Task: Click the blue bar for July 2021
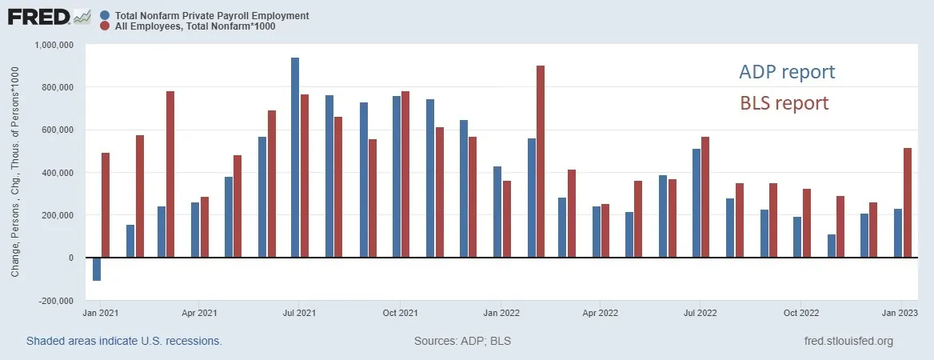(295, 158)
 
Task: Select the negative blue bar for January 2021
(97, 269)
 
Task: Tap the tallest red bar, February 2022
(541, 162)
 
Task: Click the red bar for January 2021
(106, 205)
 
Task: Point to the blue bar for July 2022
(697, 203)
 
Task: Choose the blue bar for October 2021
(396, 177)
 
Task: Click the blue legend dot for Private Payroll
(105, 15)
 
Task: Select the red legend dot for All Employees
(105, 26)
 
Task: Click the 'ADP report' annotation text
(787, 72)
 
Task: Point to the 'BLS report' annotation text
(784, 103)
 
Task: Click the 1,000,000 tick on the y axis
(54, 45)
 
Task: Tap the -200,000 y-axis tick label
(55, 300)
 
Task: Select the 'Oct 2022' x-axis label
(801, 312)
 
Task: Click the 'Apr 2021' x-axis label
(199, 312)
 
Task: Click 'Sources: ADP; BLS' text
(462, 342)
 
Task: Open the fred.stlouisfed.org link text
(848, 342)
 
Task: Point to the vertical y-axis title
(15, 172)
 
